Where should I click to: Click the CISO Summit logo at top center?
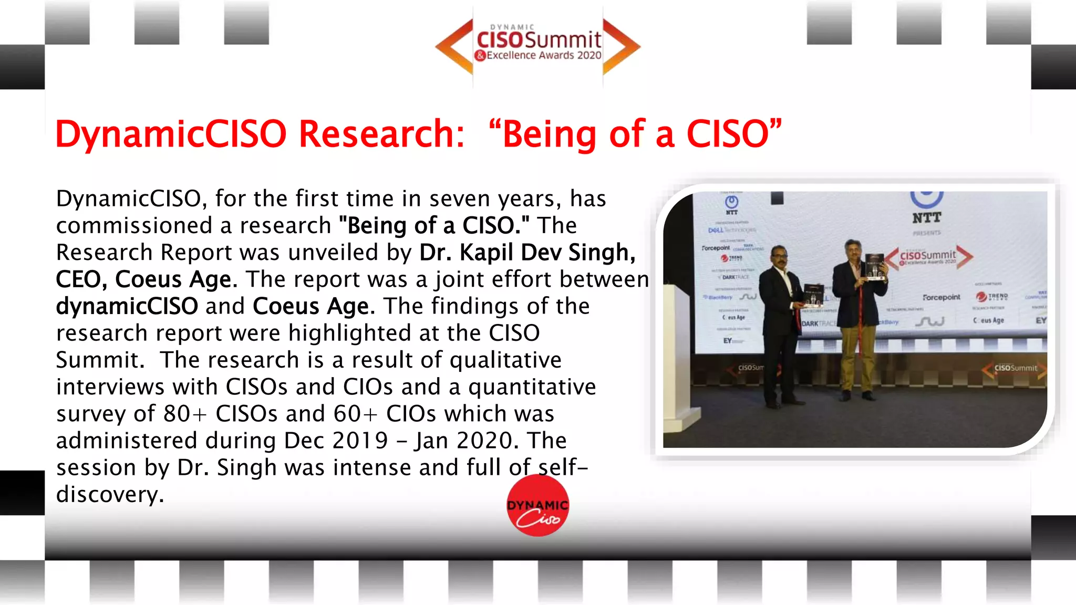[x=538, y=46]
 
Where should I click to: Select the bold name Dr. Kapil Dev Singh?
[x=527, y=253]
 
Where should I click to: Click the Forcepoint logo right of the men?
[x=941, y=297]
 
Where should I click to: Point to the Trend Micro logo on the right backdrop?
[x=992, y=297]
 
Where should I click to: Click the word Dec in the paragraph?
[x=301, y=441]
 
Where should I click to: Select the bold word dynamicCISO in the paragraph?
[x=127, y=306]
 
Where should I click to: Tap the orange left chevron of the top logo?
[x=454, y=46]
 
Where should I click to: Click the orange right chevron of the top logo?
[x=622, y=46]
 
